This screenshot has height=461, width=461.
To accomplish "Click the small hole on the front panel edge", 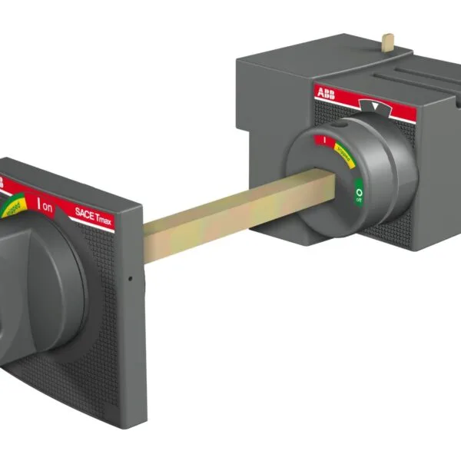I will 131,277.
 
